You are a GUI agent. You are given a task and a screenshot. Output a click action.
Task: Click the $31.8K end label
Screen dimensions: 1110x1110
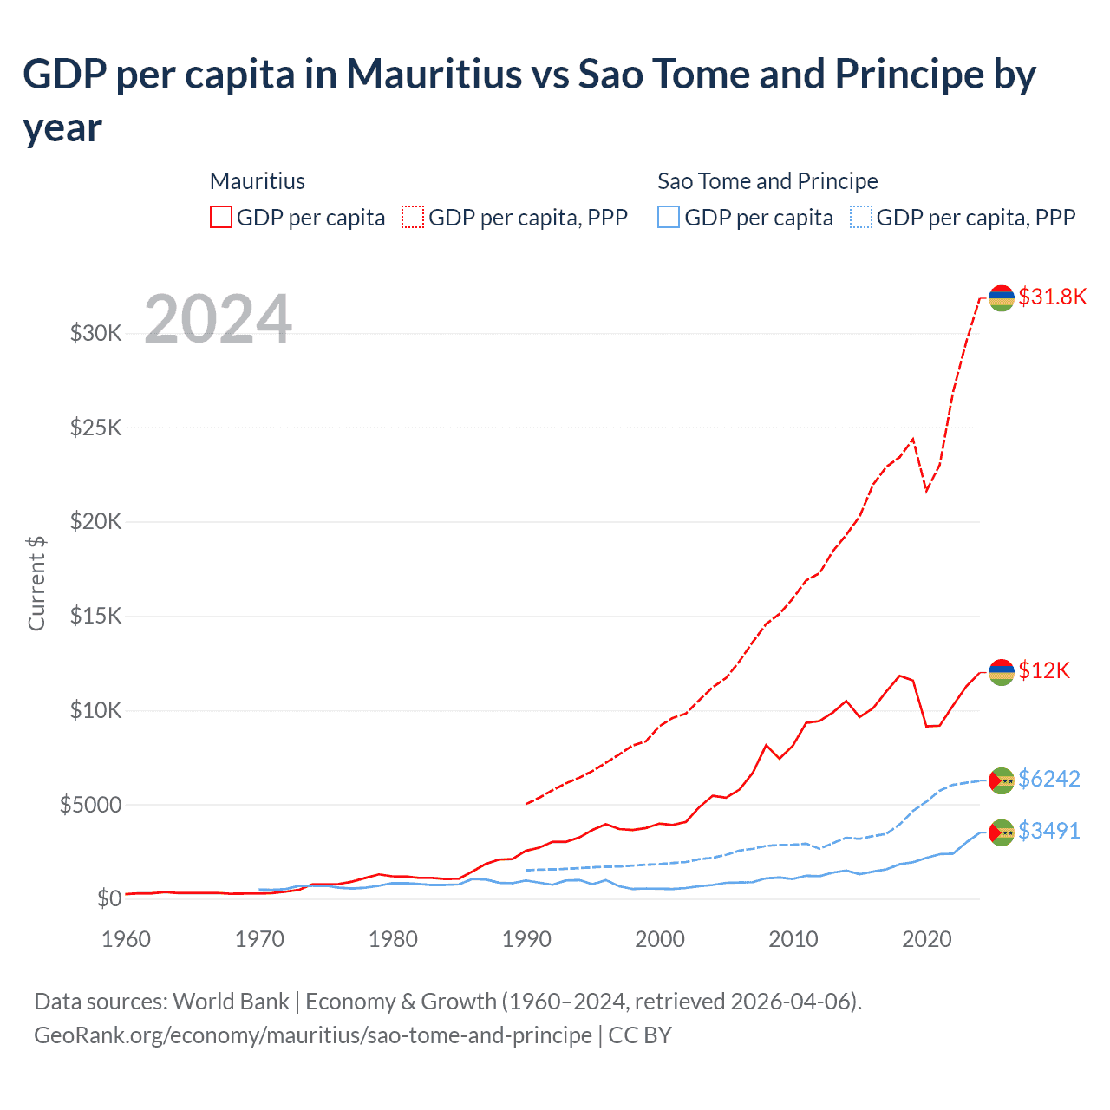(1052, 297)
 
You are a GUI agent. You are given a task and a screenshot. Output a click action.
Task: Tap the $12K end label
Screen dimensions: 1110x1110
(1044, 670)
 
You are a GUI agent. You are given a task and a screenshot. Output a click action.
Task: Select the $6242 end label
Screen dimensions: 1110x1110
(1048, 779)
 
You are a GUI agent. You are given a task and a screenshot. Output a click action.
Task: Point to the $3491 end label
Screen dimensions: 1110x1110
(1048, 831)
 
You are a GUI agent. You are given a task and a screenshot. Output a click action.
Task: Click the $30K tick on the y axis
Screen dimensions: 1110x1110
(95, 333)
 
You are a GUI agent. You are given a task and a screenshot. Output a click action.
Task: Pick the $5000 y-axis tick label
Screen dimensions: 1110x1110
(90, 805)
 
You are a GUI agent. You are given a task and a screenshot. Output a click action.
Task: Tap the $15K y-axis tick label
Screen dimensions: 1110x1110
(95, 616)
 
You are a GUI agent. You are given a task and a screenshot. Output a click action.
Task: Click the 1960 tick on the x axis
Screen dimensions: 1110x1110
(126, 939)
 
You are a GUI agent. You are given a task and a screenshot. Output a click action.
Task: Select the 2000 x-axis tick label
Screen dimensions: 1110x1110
(660, 939)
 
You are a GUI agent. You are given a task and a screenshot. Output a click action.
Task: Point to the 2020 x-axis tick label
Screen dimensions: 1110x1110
(926, 939)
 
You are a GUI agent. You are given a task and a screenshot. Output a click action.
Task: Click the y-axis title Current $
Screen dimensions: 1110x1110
(36, 583)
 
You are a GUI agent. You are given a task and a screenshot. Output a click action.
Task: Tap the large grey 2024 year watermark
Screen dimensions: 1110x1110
(218, 319)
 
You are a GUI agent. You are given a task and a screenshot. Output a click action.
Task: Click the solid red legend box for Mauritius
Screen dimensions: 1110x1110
(221, 217)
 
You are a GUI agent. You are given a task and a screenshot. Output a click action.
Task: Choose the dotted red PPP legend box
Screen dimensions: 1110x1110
(413, 217)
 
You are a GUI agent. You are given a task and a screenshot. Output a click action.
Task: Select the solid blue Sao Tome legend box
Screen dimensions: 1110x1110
(669, 217)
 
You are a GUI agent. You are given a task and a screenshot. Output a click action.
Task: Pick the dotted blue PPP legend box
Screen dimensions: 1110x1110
(861, 217)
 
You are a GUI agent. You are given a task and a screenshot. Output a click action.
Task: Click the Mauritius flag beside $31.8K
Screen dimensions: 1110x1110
(1002, 297)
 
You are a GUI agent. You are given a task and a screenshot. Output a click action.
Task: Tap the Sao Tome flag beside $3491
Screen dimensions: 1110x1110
(1002, 832)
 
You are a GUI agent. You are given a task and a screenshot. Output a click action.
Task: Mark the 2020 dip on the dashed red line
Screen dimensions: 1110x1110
(926, 491)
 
